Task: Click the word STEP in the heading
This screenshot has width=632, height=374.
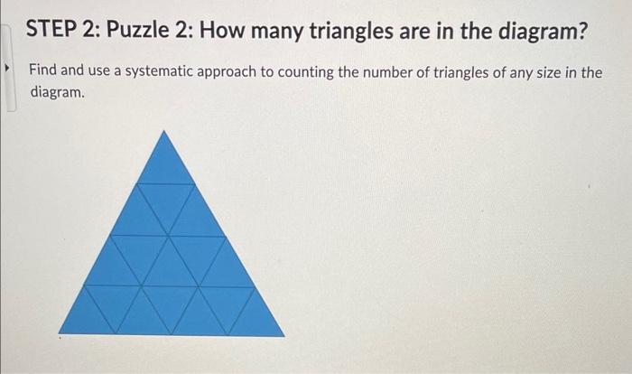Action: (x=51, y=34)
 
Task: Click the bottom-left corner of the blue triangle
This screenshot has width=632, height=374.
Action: (x=60, y=334)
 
